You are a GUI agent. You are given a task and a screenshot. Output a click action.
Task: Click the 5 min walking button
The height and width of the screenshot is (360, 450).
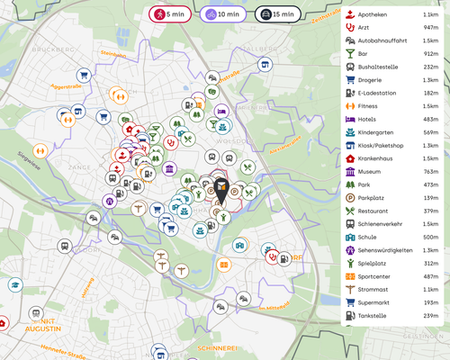pos(168,14)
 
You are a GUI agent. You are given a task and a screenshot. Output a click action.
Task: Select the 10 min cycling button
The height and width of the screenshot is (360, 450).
pos(221,14)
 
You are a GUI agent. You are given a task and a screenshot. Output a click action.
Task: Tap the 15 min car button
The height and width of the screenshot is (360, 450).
pos(277,14)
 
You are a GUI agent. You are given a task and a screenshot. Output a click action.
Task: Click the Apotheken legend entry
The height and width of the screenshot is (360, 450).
pos(373,14)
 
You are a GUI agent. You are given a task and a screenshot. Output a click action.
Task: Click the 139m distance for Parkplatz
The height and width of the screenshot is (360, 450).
pos(429,197)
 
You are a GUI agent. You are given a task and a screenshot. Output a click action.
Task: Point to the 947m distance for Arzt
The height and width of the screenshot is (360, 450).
pos(429,28)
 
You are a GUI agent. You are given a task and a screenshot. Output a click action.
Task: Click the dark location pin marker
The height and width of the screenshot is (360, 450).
pos(221,191)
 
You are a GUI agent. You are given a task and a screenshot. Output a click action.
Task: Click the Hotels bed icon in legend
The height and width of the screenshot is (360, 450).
pos(350,119)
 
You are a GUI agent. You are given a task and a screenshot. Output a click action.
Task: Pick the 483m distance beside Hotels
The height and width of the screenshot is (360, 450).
pos(429,119)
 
